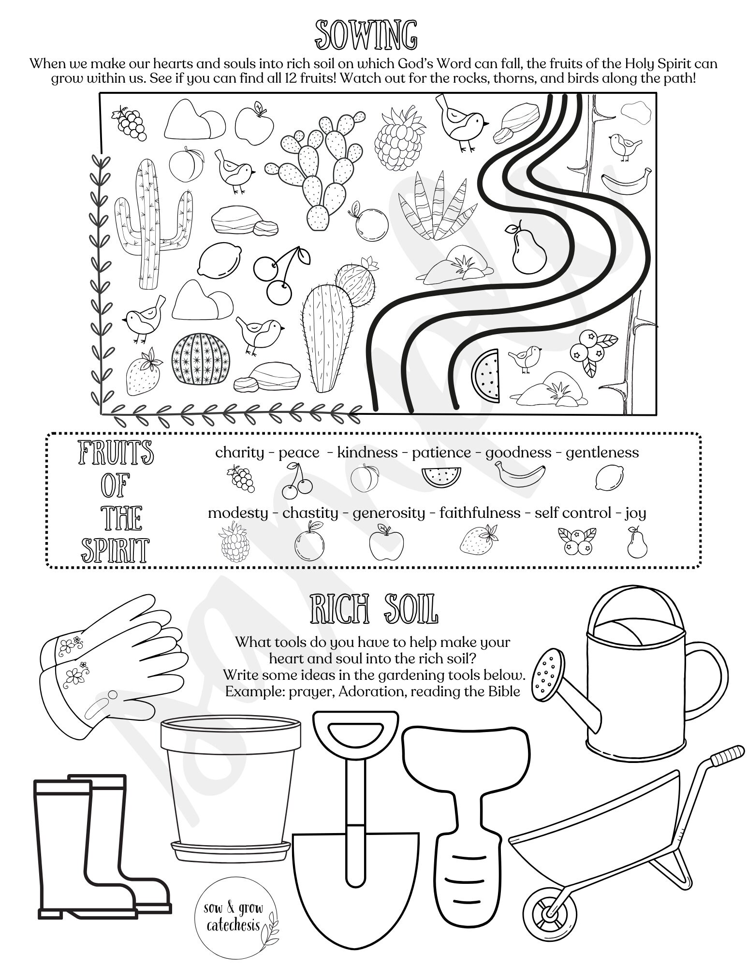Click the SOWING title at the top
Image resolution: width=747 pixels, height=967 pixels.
tap(366, 35)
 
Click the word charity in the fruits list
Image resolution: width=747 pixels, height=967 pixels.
tap(239, 453)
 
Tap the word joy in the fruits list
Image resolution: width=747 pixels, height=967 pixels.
tap(635, 513)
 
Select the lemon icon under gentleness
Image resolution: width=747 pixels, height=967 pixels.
tap(609, 477)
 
